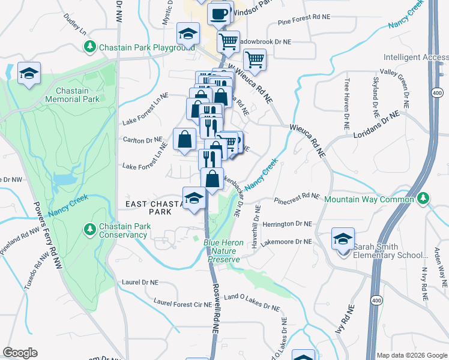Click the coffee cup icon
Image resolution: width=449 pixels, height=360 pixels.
tap(220, 13)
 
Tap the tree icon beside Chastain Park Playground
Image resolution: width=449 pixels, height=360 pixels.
tap(90, 46)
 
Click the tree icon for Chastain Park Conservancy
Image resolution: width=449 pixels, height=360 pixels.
tap(90, 229)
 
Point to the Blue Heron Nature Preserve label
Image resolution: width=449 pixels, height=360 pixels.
tap(223, 251)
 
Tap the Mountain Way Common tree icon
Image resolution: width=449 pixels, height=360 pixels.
tap(424, 197)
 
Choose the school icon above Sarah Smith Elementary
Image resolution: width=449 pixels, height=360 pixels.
tap(343, 239)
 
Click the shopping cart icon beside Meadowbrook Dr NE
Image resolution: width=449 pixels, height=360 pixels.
tap(228, 42)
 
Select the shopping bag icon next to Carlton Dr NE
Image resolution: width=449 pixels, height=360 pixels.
tap(184, 139)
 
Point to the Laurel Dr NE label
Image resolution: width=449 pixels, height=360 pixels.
tap(140, 281)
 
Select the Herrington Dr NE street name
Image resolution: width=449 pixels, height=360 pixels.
tap(287, 223)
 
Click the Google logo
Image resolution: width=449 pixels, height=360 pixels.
tap(20, 353)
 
